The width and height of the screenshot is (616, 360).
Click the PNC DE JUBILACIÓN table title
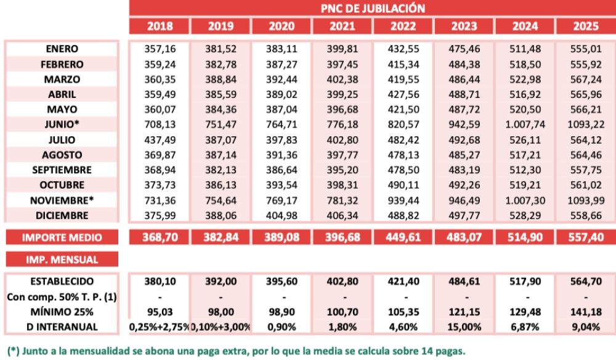[373, 8]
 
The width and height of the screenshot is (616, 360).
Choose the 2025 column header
[585, 27]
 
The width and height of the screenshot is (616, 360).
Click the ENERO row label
[62, 49]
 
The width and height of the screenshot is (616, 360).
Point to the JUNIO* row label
[62, 125]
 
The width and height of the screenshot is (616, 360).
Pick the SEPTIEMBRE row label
[62, 170]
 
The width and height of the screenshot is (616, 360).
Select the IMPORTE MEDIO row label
[62, 237]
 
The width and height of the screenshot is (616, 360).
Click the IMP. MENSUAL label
[62, 260]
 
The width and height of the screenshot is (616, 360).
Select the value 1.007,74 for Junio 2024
[524, 125]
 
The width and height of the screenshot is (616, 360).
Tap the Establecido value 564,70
[585, 280]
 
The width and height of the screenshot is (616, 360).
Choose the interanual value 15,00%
[463, 326]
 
